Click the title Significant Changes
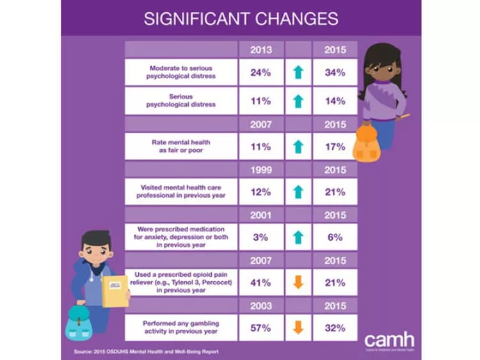241,19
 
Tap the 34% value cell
335,72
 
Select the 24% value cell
260,72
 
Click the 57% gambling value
260,328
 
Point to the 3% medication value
260,237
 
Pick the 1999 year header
260,169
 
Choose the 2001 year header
260,215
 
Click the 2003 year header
260,306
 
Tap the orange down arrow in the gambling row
298,328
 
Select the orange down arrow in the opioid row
298,282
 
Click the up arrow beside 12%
298,192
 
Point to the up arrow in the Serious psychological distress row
298,101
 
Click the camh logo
389,340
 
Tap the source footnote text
142,352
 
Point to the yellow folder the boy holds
116,291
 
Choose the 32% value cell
335,328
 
